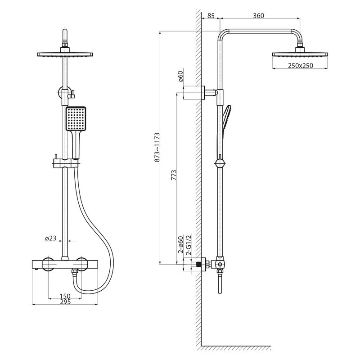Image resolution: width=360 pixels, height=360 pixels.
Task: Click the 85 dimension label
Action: pos(210,16)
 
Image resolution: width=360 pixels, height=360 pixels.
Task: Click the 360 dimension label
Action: pos(258,16)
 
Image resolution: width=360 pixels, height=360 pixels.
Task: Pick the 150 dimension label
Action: pos(65,296)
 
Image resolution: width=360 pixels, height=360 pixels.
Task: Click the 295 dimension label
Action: pos(65,302)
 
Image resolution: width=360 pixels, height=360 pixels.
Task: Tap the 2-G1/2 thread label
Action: pos(189,246)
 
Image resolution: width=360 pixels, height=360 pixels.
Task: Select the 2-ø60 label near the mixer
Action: pos(181,246)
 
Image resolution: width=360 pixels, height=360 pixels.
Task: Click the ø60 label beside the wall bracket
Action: pos(180,76)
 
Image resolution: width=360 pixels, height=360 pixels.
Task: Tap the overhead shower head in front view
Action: pos(65,54)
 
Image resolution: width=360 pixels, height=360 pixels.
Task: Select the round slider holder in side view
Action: pos(220,163)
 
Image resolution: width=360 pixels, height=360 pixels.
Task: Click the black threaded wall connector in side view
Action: pos(196,265)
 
